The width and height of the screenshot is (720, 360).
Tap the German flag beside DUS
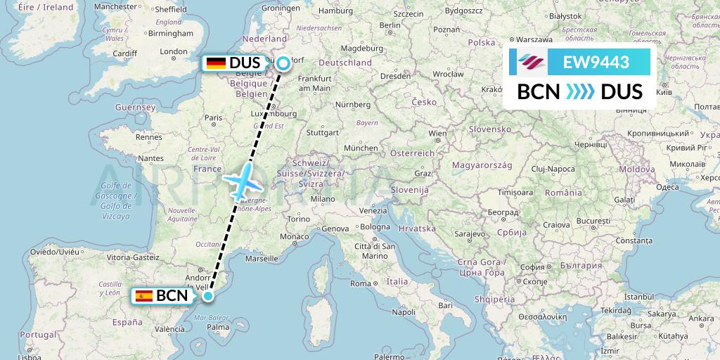(216, 63)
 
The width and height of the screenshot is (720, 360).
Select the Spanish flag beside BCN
(145, 296)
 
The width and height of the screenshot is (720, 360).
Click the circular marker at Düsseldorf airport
(283, 64)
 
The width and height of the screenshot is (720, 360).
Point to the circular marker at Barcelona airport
(208, 296)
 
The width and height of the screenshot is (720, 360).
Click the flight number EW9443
(596, 63)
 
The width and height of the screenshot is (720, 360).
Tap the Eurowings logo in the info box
(532, 63)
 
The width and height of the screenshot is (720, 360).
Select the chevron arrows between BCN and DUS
(580, 92)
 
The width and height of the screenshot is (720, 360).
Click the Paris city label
(213, 119)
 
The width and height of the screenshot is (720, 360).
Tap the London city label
(174, 51)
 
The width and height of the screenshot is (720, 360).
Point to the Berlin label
(389, 25)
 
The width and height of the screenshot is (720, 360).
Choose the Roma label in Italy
(361, 283)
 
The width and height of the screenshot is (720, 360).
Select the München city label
(361, 148)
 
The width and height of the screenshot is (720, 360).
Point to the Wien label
(437, 133)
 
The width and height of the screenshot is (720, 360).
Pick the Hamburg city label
(335, 11)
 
